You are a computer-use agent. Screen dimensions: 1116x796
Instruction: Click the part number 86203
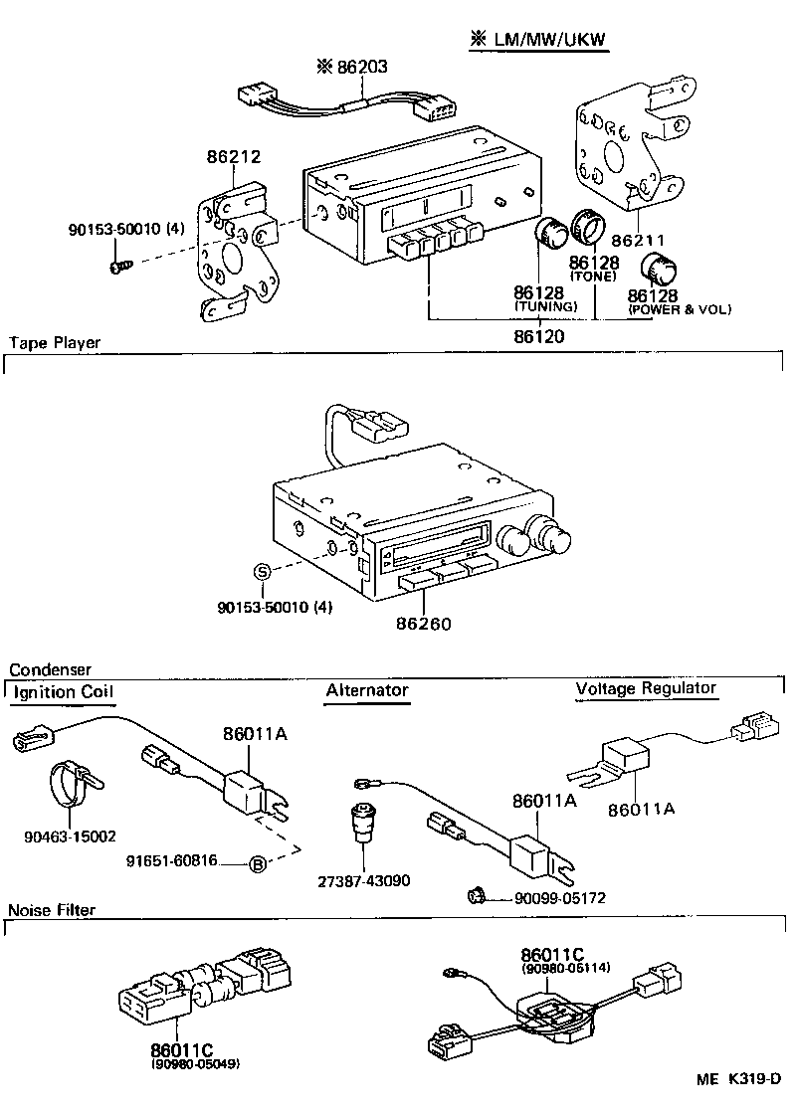click(x=362, y=67)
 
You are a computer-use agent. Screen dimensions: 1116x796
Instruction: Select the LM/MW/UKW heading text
click(x=547, y=40)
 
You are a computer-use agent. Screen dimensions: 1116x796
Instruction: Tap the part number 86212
click(x=234, y=156)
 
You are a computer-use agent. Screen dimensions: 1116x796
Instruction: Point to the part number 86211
click(x=640, y=241)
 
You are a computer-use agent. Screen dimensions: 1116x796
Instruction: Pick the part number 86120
click(x=539, y=337)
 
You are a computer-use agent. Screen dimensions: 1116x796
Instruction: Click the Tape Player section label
click(x=55, y=343)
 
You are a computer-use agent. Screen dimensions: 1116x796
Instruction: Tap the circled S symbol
click(x=262, y=571)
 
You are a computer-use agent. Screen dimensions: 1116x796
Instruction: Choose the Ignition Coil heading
click(x=64, y=691)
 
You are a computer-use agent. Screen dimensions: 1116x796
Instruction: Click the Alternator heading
click(x=367, y=690)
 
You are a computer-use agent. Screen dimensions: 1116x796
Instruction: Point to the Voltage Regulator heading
click(x=646, y=688)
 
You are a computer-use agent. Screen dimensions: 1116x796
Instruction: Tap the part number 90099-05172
click(x=559, y=898)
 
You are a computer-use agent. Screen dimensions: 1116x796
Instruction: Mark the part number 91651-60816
click(x=172, y=860)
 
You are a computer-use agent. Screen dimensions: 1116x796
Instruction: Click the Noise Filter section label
click(x=52, y=910)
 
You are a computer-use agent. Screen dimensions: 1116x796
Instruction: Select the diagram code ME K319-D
click(x=738, y=1079)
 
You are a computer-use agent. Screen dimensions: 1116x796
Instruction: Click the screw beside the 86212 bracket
click(x=118, y=268)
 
